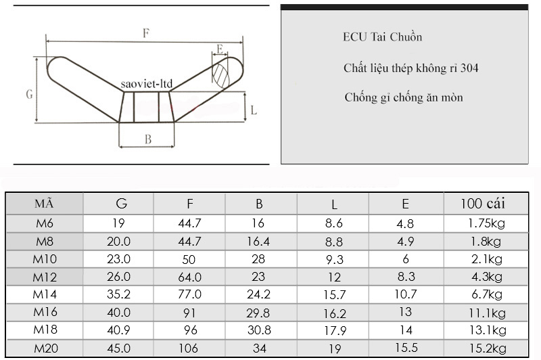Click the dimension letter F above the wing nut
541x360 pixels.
(146, 33)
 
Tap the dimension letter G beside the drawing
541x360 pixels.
(29, 94)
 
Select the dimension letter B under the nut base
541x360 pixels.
(148, 139)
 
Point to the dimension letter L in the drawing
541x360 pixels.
(254, 110)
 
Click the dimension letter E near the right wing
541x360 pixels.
(220, 49)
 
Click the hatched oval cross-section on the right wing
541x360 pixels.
(220, 76)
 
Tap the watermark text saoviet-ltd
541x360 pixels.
(147, 84)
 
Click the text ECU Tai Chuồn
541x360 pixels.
(382, 37)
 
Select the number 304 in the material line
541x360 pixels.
(469, 68)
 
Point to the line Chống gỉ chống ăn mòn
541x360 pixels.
(404, 97)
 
